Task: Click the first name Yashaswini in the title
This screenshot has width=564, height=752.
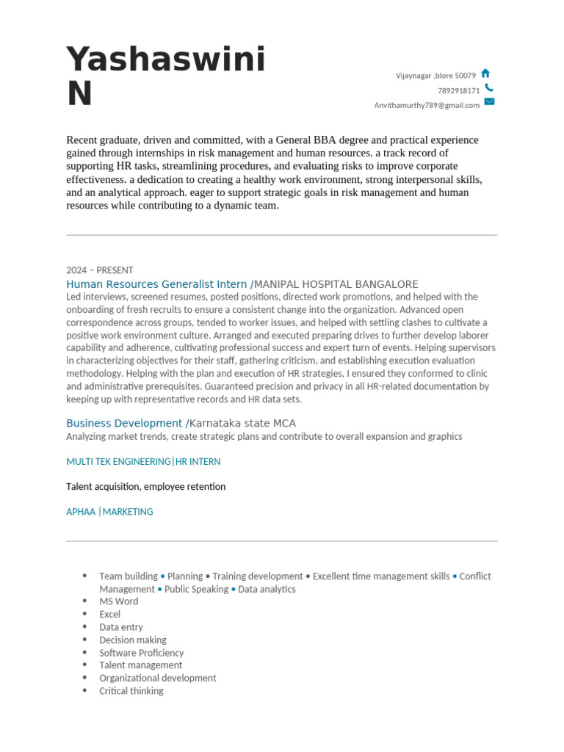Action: click(166, 60)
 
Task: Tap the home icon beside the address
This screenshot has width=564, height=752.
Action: click(485, 74)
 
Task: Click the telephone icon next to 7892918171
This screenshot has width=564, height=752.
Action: click(489, 89)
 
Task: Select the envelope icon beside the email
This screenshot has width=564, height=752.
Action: click(489, 102)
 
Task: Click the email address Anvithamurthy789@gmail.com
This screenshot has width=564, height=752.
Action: click(427, 105)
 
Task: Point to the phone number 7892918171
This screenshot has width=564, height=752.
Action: click(458, 91)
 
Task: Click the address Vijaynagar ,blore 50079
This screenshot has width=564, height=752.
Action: click(435, 76)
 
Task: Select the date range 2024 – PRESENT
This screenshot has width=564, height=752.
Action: click(100, 270)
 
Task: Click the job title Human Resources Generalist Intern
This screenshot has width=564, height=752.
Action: click(156, 284)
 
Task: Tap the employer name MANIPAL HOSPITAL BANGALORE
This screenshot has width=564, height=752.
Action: click(336, 284)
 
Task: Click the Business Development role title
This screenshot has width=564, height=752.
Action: click(124, 424)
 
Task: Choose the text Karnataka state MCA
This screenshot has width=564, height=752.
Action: click(243, 424)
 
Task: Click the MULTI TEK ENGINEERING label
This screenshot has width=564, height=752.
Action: click(118, 462)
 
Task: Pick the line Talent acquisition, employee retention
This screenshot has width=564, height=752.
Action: click(146, 487)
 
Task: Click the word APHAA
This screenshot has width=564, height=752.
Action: click(81, 512)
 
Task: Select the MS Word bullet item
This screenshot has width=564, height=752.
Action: click(119, 601)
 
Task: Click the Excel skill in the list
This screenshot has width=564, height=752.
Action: click(110, 614)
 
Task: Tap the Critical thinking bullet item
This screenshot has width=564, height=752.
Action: click(131, 691)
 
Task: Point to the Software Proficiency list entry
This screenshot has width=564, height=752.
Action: click(142, 653)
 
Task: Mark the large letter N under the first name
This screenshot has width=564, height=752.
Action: click(79, 95)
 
